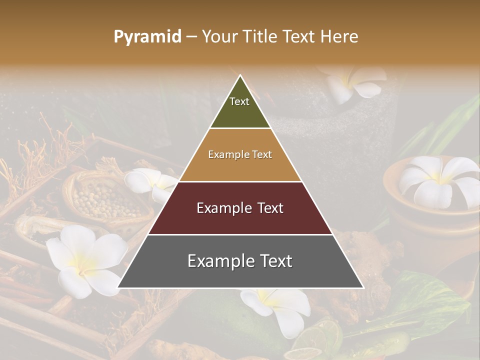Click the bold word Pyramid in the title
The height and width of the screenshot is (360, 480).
147,37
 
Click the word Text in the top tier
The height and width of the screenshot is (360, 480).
239,101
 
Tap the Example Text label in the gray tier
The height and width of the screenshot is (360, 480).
240,261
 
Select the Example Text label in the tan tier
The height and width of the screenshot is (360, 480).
240,154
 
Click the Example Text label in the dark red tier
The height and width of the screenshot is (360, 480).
240,208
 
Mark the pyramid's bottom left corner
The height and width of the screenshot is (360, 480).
118,287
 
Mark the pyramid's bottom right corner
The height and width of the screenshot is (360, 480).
363,287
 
